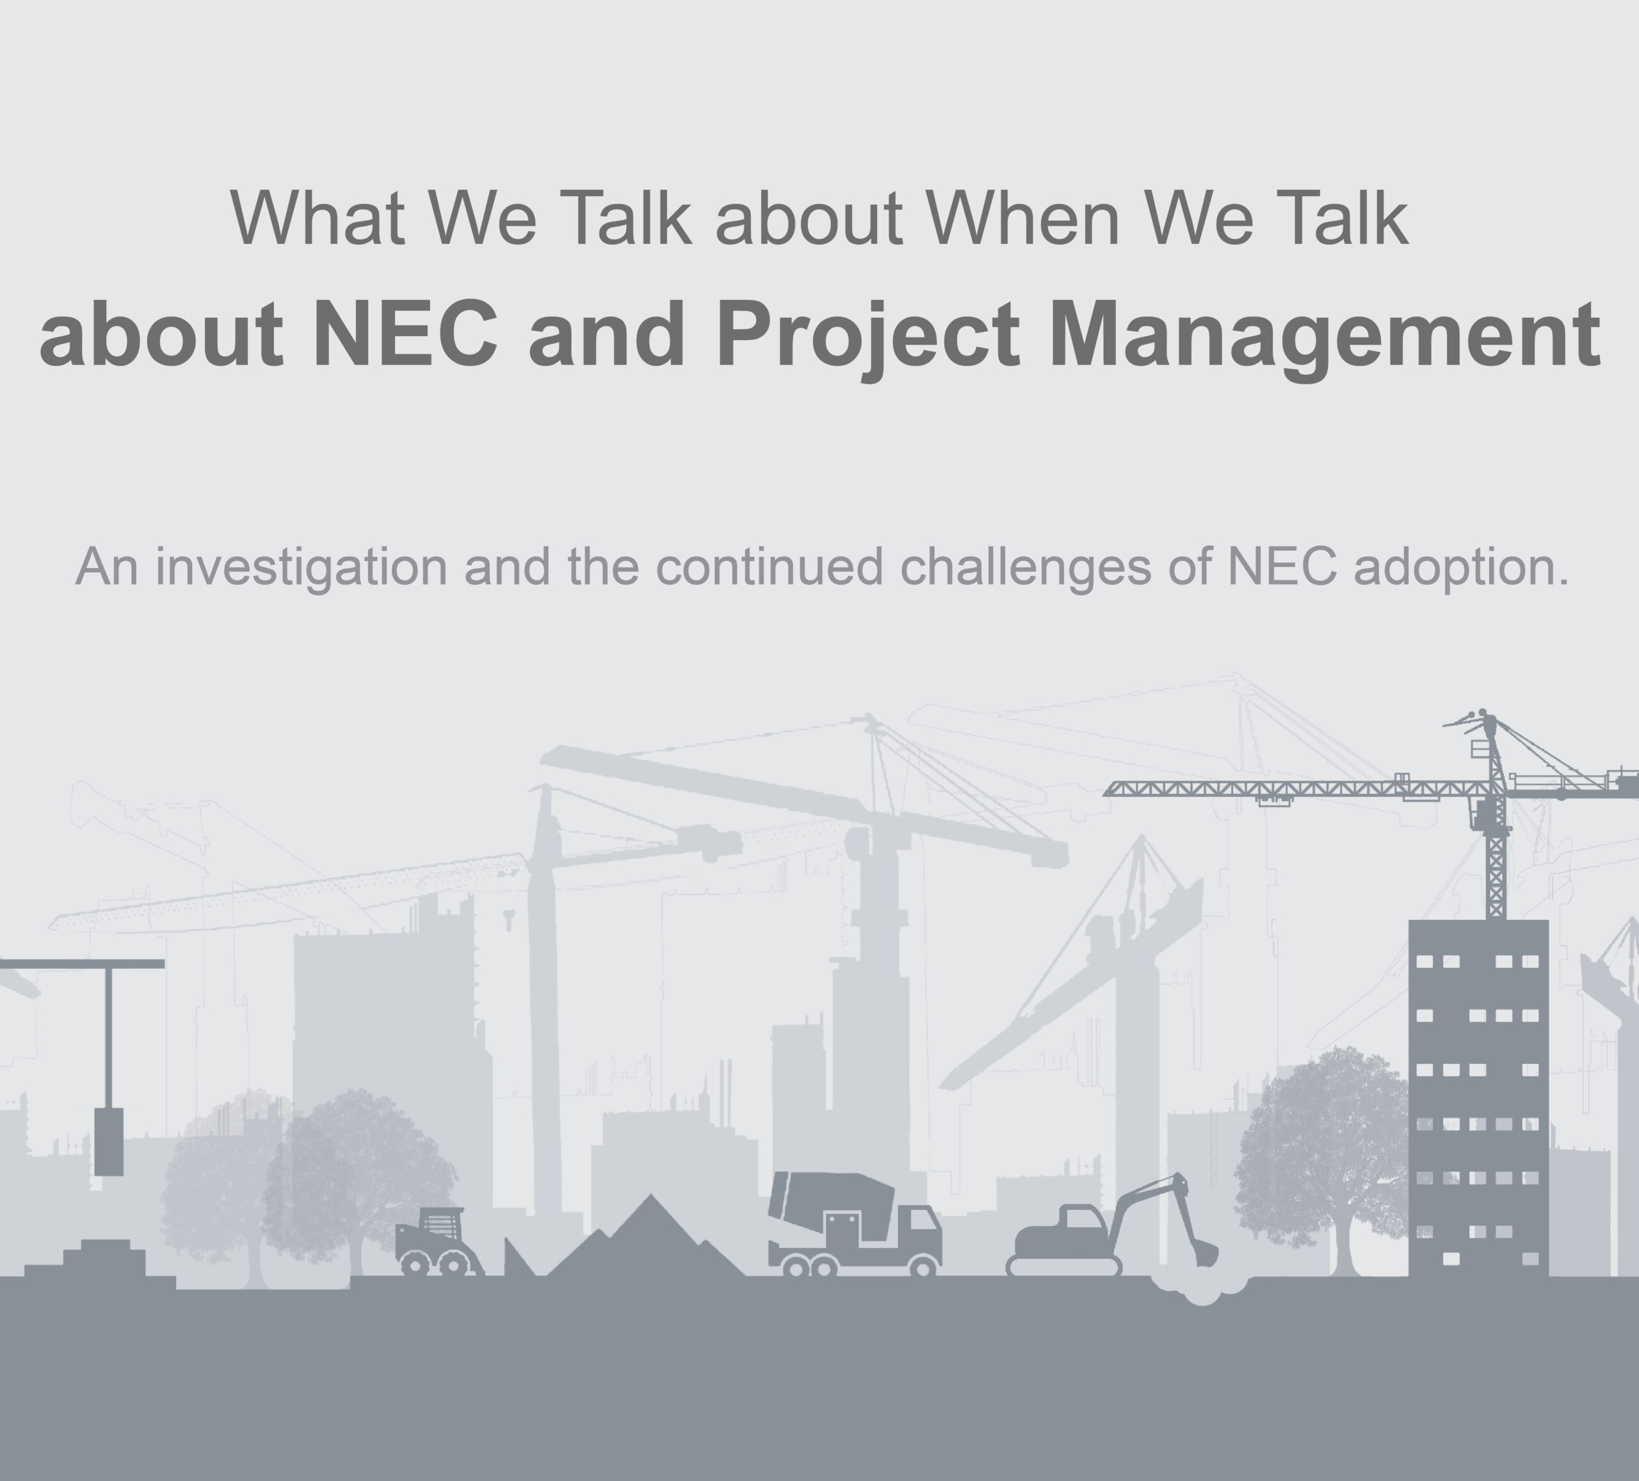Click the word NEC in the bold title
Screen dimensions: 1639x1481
405,334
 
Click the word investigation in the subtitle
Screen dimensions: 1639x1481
302,567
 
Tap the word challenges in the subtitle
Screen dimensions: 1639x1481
1025,567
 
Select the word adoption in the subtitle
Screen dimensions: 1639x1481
1461,567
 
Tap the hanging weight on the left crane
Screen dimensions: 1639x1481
109,1141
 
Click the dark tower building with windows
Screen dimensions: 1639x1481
1478,1098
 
